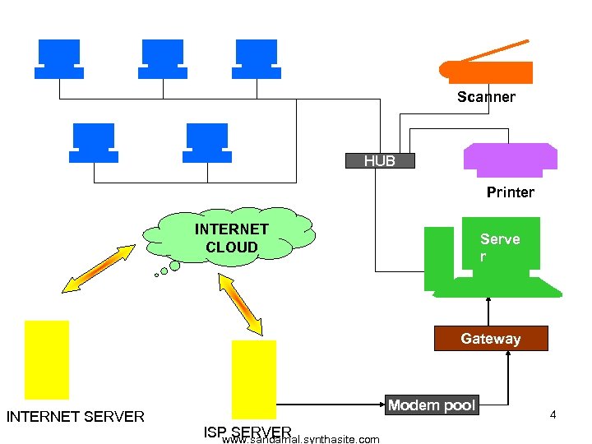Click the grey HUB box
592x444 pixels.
coord(380,161)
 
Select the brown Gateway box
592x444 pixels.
coord(491,339)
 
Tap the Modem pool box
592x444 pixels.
coord(432,405)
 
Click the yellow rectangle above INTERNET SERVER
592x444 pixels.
coord(47,359)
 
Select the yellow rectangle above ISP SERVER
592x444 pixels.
coord(254,379)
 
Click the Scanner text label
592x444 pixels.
coord(486,97)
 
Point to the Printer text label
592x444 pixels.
coord(510,192)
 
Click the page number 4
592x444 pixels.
coord(553,415)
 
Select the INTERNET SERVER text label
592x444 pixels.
coord(76,417)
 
